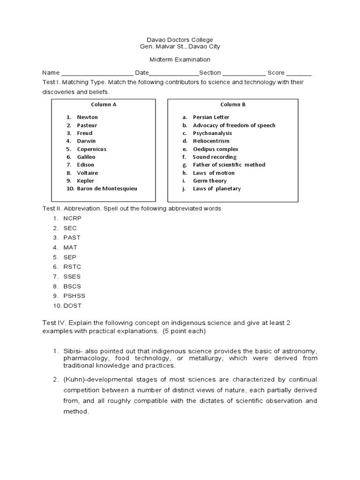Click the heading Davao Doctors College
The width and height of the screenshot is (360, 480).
(180, 40)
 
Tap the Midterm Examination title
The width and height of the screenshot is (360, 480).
(180, 60)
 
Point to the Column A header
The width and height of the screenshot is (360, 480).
(104, 105)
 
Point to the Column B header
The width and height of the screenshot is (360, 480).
(233, 105)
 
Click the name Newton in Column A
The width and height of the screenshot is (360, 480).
(87, 117)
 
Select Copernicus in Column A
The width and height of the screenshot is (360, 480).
(91, 149)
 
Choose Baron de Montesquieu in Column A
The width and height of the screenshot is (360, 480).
(107, 188)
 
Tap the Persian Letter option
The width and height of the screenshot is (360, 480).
(211, 117)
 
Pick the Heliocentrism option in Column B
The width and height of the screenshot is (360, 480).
(211, 141)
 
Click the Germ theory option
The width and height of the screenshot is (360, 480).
(210, 180)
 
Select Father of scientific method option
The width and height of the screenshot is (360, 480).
(229, 165)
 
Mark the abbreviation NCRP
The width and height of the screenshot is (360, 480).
(72, 218)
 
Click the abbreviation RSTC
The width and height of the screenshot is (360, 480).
(72, 267)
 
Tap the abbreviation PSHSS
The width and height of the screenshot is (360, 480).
(74, 296)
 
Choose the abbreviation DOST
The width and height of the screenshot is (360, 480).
(72, 306)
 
